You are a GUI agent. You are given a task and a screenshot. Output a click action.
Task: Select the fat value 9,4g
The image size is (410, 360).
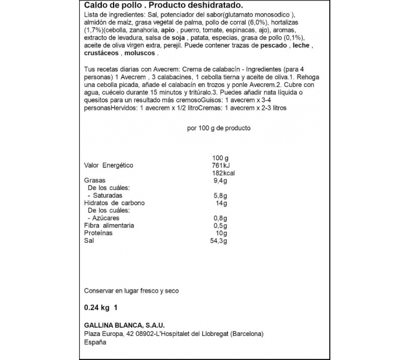pos(220,181)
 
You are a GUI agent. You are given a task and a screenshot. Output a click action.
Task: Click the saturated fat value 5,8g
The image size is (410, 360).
pos(220,196)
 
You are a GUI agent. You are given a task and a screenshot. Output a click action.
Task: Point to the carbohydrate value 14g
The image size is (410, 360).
pos(220,203)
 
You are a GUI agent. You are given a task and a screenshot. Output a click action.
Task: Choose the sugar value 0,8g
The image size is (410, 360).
pos(220,218)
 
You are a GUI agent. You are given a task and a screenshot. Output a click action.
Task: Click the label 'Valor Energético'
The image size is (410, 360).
pos(110,165)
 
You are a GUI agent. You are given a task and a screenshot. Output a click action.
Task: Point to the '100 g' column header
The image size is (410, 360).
pos(220,158)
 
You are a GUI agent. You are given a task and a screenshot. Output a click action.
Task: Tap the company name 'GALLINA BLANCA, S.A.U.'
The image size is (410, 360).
pos(125,325)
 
